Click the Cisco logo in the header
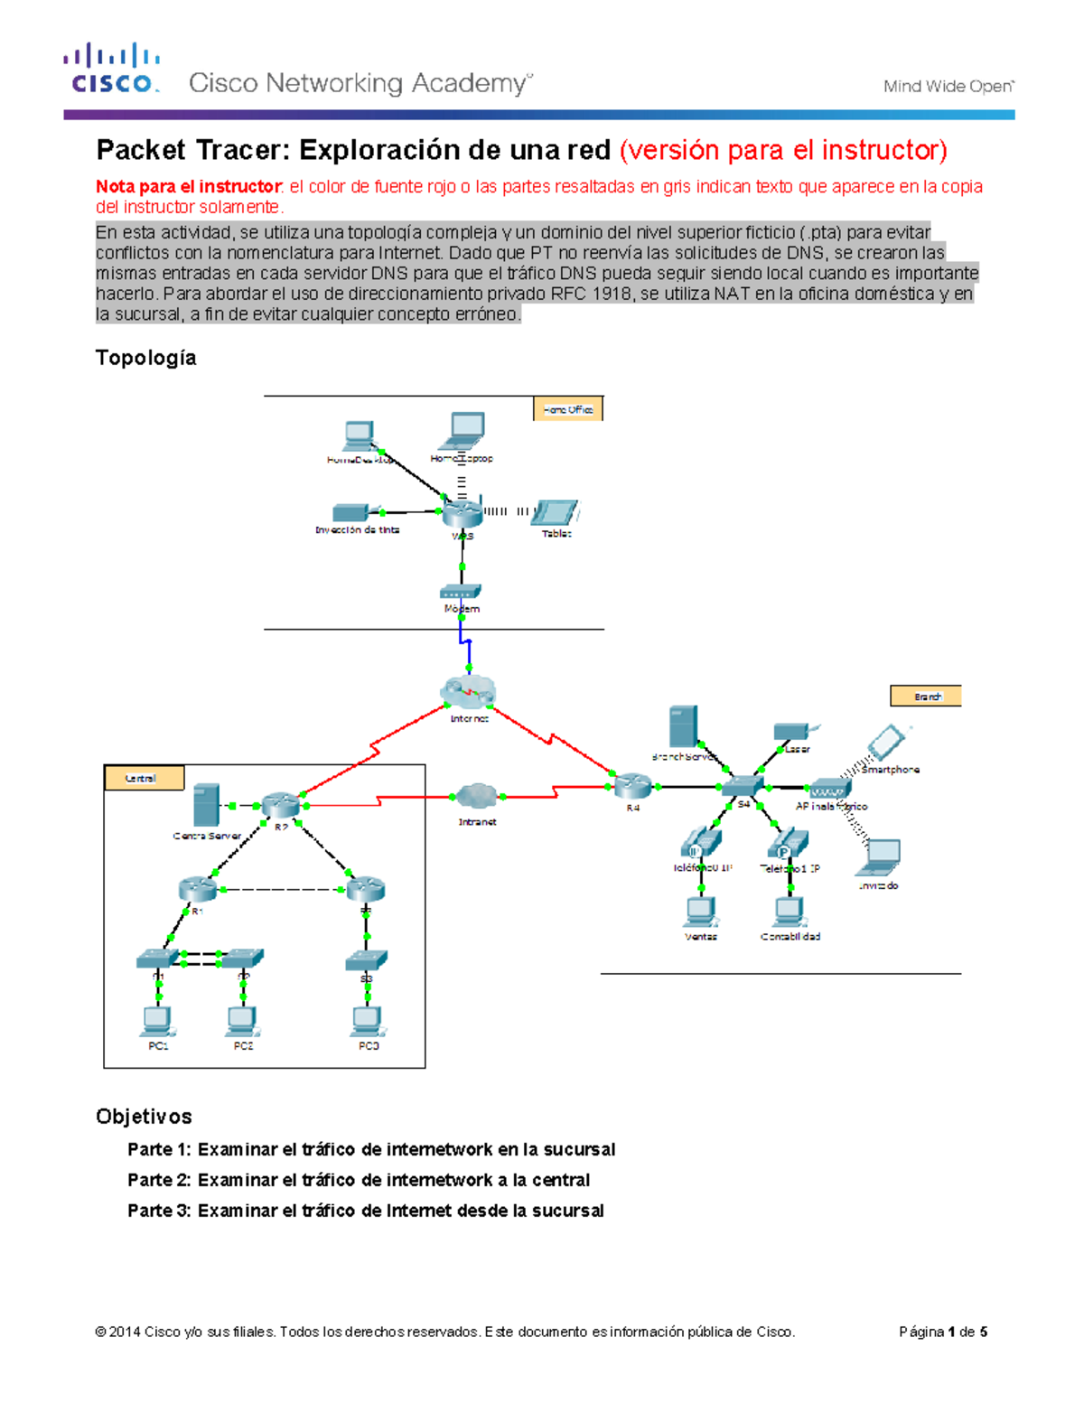tap(112, 69)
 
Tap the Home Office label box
tap(567, 409)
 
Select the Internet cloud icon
tap(468, 694)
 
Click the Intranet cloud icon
tap(476, 796)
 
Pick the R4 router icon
tap(632, 785)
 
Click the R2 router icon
tap(280, 804)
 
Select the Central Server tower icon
tap(207, 804)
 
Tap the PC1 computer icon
tap(158, 1021)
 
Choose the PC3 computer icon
tap(368, 1021)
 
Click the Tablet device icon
tap(556, 512)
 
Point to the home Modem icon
tap(461, 592)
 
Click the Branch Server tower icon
tap(683, 727)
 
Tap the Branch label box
tap(926, 696)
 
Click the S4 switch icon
tap(743, 786)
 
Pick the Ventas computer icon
tap(700, 912)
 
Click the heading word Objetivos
tap(144, 1117)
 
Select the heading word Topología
tap(145, 358)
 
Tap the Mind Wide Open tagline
tap(948, 87)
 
